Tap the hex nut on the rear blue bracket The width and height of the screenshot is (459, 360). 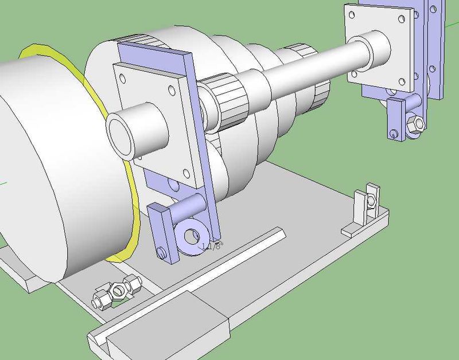pyautogui.click(x=415, y=123)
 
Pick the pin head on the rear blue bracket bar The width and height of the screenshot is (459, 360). pyautogui.click(x=394, y=134)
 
